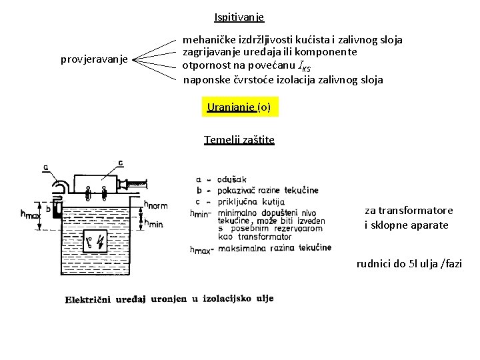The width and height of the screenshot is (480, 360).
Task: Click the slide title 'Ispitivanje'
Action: tap(239, 17)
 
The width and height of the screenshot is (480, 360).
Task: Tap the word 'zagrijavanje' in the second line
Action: tap(211, 53)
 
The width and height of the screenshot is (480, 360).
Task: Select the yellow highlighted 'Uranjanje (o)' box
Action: tap(239, 107)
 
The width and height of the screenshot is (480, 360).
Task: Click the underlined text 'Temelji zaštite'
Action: tap(239, 140)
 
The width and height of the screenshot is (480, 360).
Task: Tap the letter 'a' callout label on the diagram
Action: tap(45, 168)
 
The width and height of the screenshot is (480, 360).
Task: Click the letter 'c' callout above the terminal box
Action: tap(120, 163)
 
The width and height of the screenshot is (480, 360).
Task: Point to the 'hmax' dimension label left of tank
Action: tap(31, 215)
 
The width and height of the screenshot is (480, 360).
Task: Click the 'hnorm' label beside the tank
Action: tap(156, 205)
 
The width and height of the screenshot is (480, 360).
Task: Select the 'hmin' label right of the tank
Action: tap(153, 224)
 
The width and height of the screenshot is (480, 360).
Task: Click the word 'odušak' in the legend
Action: tap(232, 179)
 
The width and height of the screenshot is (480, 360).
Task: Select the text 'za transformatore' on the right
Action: tap(409, 211)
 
